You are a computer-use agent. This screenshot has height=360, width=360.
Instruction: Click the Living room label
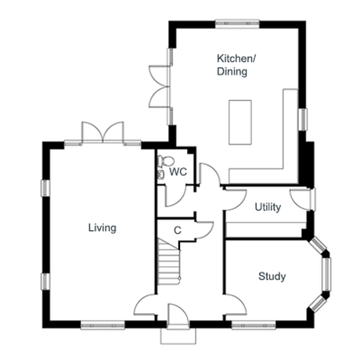click(103, 228)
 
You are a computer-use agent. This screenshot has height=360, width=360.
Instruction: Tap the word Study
click(272, 276)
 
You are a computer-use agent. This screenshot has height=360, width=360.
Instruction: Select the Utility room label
click(268, 207)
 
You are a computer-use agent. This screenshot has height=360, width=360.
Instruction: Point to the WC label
click(178, 172)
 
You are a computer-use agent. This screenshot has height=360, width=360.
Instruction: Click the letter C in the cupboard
click(178, 231)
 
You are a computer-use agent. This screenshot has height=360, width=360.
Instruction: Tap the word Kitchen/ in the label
click(236, 59)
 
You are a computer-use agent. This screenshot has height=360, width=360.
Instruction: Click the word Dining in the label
click(232, 71)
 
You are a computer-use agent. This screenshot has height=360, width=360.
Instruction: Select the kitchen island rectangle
click(240, 122)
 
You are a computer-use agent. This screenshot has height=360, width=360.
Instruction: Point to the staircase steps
click(169, 264)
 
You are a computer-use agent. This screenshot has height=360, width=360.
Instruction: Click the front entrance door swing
click(178, 315)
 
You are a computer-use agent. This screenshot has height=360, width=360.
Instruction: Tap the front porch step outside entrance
click(178, 336)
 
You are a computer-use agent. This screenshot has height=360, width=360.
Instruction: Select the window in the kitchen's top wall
click(237, 23)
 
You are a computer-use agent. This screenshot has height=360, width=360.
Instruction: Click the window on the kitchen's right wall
click(303, 120)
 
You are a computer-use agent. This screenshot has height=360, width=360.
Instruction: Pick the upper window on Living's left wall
click(45, 188)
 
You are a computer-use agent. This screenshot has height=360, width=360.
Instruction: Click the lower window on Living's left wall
click(45, 281)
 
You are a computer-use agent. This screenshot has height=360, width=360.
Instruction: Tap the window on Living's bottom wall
click(103, 326)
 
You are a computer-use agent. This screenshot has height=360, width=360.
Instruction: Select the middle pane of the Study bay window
click(326, 274)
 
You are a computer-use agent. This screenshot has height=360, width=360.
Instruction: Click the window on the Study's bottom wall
click(254, 326)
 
